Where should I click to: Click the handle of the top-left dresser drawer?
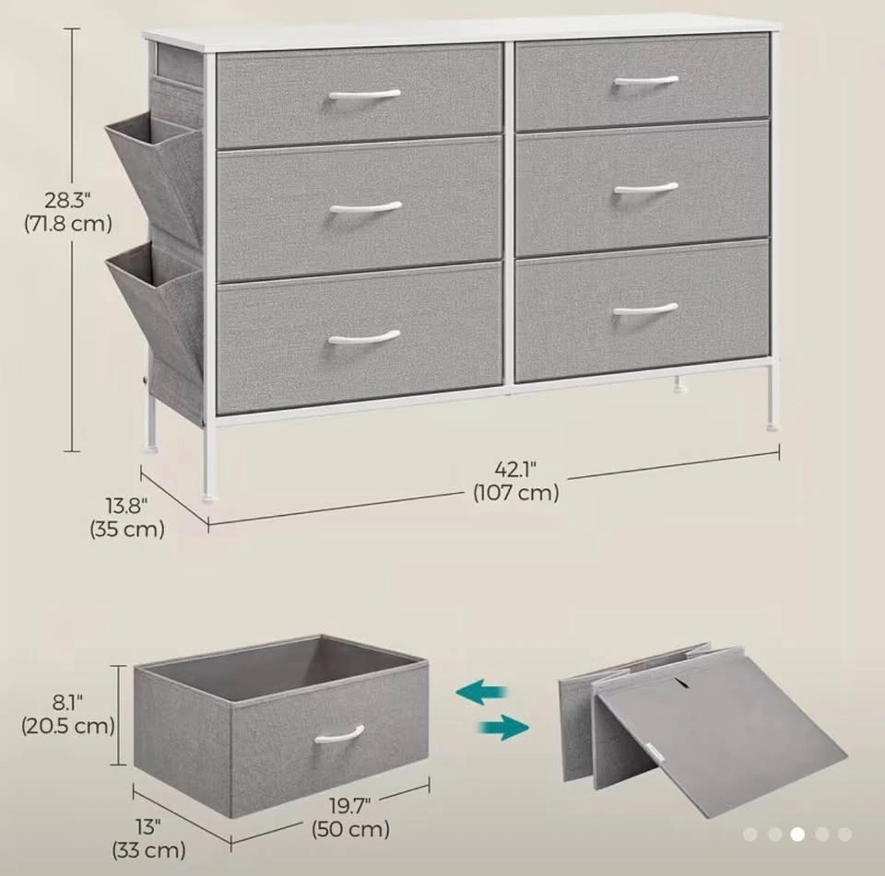365,94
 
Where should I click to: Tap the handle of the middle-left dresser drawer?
365,207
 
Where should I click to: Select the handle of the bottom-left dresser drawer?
364,337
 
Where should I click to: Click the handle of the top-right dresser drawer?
645,81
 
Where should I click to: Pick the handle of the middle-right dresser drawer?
645,188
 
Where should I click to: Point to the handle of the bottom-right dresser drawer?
645,310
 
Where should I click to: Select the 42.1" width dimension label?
515,469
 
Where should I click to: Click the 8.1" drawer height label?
67,703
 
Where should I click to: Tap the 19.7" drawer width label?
350,806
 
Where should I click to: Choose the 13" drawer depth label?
148,827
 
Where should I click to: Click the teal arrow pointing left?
481,692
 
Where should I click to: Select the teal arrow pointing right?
503,727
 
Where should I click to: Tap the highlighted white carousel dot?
797,835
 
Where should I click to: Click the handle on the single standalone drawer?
339,734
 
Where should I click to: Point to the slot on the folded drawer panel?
682,683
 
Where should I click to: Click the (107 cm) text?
516,493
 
